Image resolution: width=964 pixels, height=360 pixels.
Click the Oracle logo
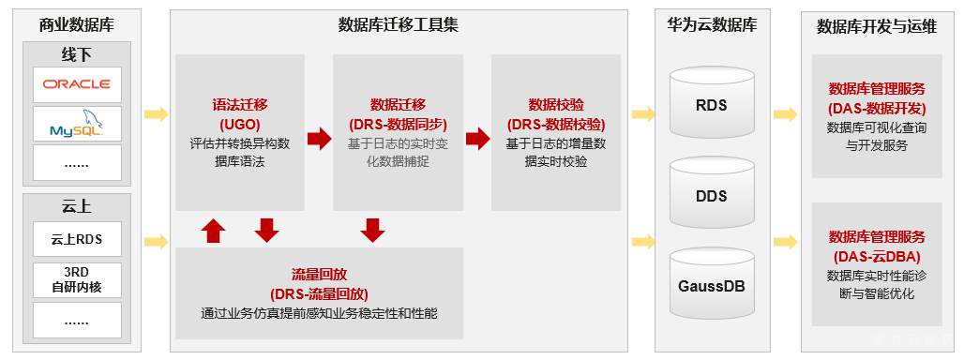pyautogui.click(x=77, y=84)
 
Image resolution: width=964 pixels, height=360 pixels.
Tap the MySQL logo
pyautogui.click(x=77, y=124)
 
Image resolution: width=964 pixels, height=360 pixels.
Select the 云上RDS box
pyautogui.click(x=77, y=239)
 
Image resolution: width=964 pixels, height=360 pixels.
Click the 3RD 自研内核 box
pyautogui.click(x=77, y=279)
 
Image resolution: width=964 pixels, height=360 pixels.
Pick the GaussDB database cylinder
pyautogui.click(x=713, y=283)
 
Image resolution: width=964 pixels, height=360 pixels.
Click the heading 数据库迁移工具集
pyautogui.click(x=398, y=25)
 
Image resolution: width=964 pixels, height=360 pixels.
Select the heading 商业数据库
pyautogui.click(x=77, y=25)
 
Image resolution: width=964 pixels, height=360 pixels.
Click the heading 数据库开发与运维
pyautogui.click(x=876, y=25)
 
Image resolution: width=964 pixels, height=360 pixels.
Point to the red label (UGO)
pyautogui.click(x=240, y=124)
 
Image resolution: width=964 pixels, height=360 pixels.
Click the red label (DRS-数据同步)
pyautogui.click(x=398, y=124)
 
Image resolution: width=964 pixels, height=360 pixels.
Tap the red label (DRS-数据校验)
pyautogui.click(x=555, y=124)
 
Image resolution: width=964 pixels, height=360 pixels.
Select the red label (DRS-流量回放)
pyautogui.click(x=319, y=293)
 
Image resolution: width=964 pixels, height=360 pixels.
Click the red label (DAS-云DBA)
pyautogui.click(x=876, y=256)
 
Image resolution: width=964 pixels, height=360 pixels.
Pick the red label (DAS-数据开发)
pyautogui.click(x=876, y=108)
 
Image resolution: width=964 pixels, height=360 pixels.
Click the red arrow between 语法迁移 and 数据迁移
pyautogui.click(x=319, y=139)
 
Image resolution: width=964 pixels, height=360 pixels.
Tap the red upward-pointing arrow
pyautogui.click(x=214, y=230)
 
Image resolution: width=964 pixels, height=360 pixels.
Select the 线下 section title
pyautogui.click(x=77, y=52)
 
